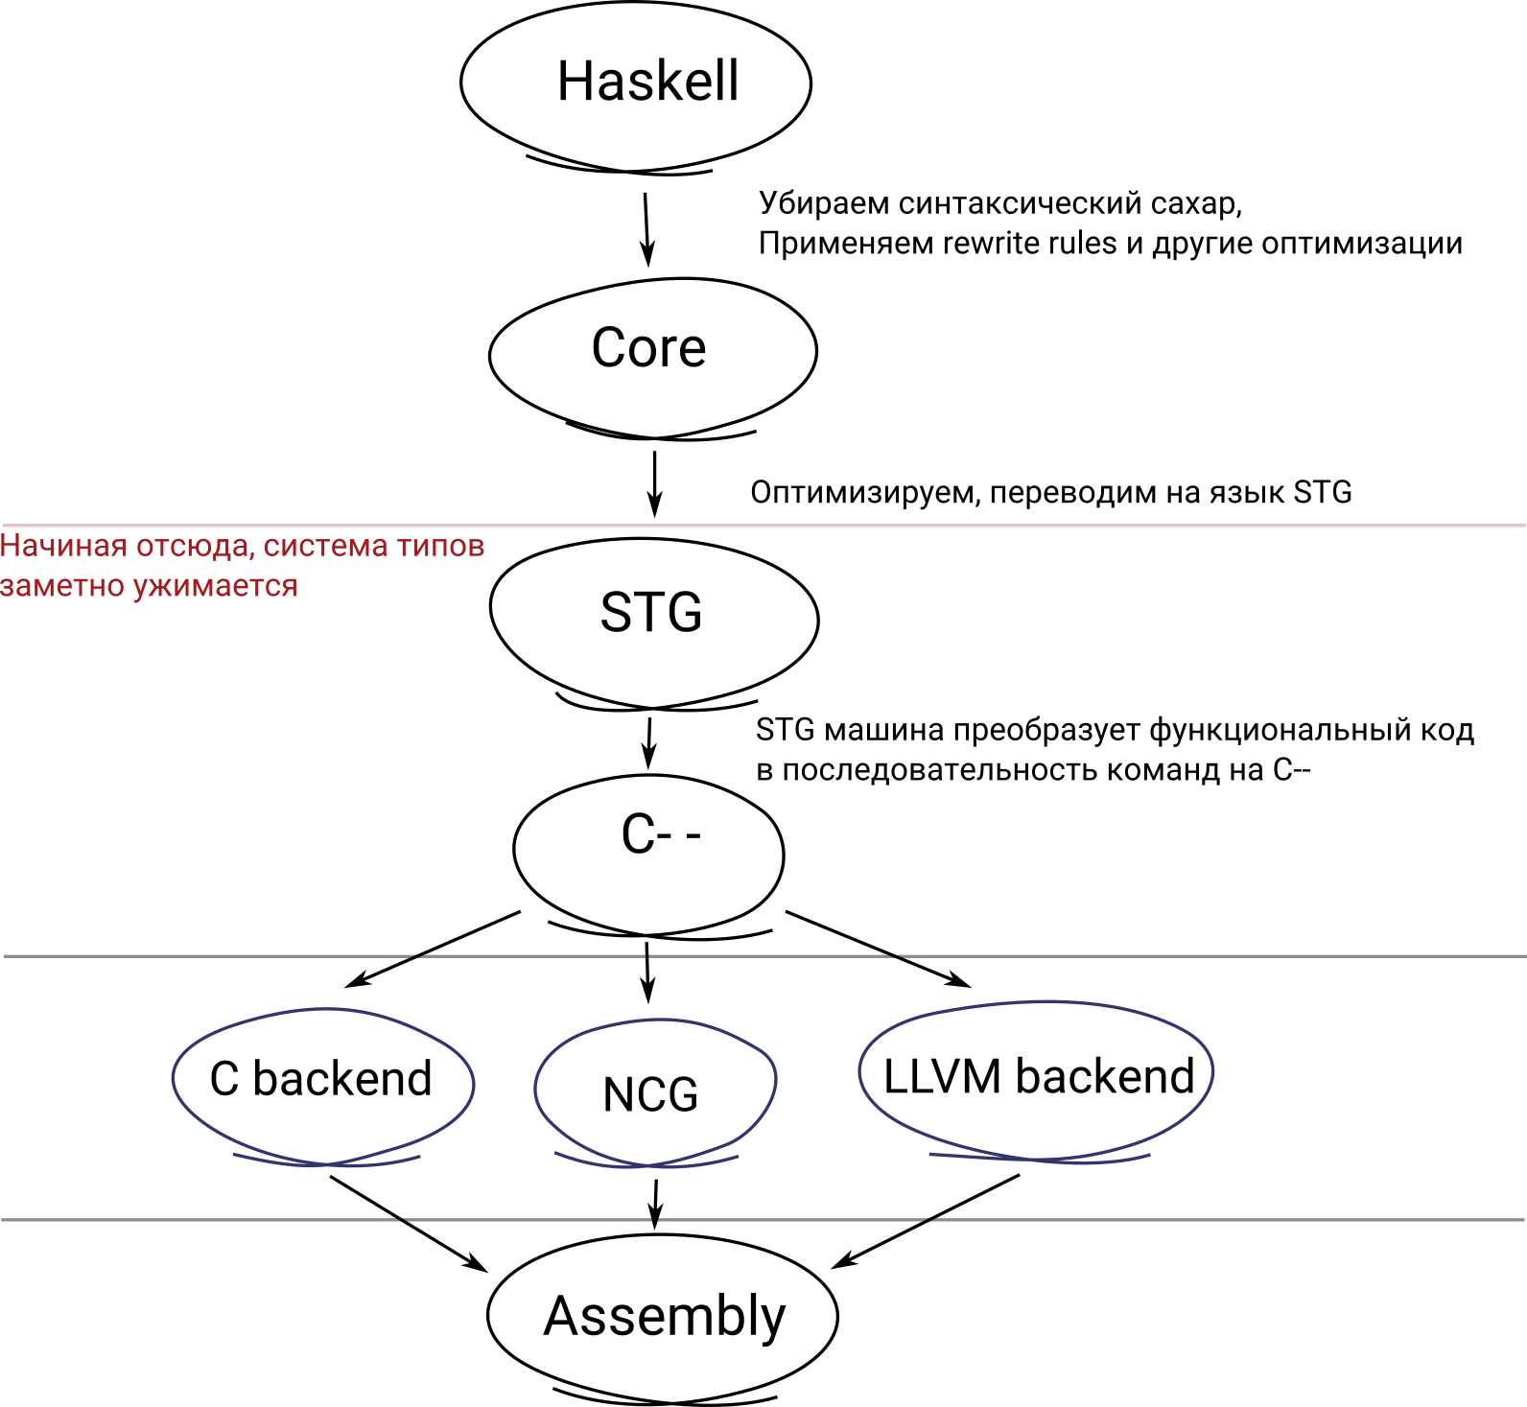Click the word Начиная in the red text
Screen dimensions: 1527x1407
pyautogui.click(x=63, y=546)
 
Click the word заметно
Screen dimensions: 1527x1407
pyautogui.click(x=61, y=586)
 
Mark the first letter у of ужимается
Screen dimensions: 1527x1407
pyautogui.click(x=140, y=587)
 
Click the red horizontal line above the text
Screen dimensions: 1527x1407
pyautogui.click(x=767, y=526)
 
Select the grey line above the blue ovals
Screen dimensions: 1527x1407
pyautogui.click(x=192, y=956)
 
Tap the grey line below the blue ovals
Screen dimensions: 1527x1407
pyautogui.click(x=192, y=1220)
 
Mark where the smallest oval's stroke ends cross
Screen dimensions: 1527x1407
pyautogui.click(x=647, y=1165)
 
